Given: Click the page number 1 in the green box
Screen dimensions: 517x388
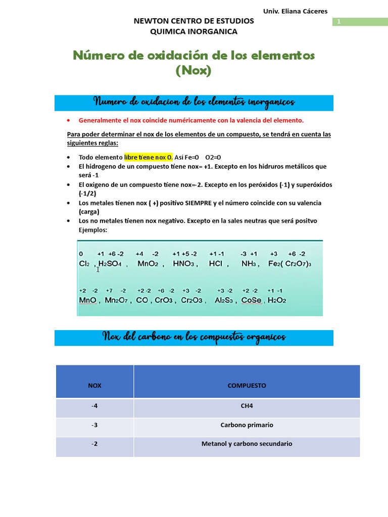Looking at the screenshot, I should (x=338, y=22).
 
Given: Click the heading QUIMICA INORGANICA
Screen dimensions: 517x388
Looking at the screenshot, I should (x=193, y=31).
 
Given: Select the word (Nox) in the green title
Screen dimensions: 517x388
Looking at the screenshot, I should (x=193, y=71).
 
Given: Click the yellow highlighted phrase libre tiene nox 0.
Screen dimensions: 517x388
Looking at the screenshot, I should (x=149, y=157).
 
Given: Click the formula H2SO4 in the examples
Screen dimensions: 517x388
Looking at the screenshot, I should (x=110, y=264).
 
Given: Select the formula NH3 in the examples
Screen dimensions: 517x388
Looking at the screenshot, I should (x=249, y=264).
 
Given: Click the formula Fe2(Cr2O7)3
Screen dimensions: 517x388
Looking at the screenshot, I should (x=290, y=264).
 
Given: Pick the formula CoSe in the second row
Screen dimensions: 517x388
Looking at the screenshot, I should (x=251, y=300).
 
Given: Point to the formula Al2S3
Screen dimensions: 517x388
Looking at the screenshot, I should (x=223, y=300).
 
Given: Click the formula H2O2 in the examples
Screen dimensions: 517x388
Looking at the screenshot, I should (x=277, y=300).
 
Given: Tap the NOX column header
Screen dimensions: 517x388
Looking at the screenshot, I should (x=94, y=385).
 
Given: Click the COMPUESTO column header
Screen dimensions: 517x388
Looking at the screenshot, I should (x=247, y=385).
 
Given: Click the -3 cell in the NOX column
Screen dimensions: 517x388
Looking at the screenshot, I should (x=94, y=425).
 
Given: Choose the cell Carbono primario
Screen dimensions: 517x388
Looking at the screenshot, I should (x=247, y=425).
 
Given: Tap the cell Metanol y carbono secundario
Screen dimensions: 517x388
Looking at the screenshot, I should (x=247, y=444).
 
